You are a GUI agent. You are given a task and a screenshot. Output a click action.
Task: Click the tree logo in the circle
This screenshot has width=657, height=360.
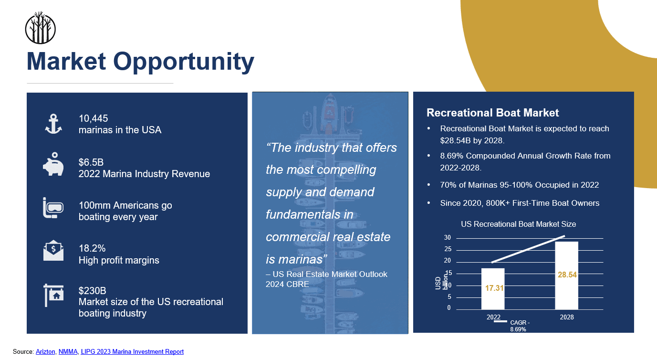tap(41, 28)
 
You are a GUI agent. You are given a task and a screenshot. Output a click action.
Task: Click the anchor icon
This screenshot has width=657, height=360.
tap(53, 124)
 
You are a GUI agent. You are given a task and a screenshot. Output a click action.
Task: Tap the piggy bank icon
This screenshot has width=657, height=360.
tap(53, 164)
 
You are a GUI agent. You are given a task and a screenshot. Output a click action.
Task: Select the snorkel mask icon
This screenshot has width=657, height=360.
tap(53, 208)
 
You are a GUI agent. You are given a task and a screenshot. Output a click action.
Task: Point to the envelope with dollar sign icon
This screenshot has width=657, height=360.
tap(53, 250)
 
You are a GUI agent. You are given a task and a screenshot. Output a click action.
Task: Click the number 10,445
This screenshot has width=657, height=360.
tap(93, 118)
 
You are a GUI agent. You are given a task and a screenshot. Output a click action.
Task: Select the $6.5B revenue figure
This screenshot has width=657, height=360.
tap(91, 162)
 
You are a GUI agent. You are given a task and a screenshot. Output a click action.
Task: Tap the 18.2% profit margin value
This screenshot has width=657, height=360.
tap(92, 248)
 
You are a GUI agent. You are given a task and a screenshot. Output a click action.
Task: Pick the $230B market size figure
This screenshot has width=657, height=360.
tap(93, 291)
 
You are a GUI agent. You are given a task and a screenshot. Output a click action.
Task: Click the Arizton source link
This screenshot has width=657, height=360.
tap(45, 351)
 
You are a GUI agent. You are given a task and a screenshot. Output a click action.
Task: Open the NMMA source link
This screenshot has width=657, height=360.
tap(68, 351)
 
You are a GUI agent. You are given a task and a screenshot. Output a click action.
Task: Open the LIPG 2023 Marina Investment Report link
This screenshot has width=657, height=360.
tap(132, 351)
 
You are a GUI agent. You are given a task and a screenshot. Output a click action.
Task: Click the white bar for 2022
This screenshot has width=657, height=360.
tap(493, 289)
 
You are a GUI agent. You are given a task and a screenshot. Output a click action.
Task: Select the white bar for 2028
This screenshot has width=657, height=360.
tap(567, 275)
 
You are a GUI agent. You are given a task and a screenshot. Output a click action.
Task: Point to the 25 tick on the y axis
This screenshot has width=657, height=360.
tap(448, 249)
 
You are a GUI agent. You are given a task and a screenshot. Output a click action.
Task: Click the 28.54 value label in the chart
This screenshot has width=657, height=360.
tap(567, 275)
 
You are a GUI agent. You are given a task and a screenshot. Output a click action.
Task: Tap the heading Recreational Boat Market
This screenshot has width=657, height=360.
tap(493, 113)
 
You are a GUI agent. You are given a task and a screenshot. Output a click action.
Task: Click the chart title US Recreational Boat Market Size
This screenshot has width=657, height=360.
tap(519, 224)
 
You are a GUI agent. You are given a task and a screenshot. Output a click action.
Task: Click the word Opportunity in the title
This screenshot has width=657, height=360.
tap(184, 62)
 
